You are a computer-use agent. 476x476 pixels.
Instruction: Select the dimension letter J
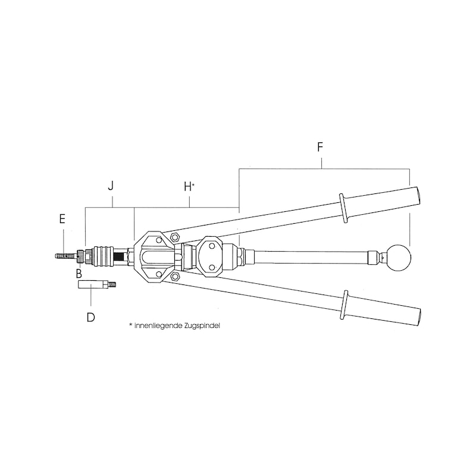point(111,186)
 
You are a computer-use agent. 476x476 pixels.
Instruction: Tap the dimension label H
point(187,186)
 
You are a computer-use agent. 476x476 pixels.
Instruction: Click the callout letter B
point(79,274)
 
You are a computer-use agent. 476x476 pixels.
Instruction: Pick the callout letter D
point(90,317)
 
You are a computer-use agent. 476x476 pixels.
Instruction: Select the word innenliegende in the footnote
point(155,326)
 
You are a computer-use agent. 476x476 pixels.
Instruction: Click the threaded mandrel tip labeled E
point(64,256)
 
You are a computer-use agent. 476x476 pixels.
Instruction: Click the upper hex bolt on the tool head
point(175,238)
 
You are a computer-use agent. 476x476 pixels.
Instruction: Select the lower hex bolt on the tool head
point(175,276)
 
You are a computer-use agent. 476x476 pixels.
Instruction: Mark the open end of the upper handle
point(417,195)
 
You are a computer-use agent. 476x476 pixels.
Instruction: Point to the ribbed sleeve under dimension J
point(105,256)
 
